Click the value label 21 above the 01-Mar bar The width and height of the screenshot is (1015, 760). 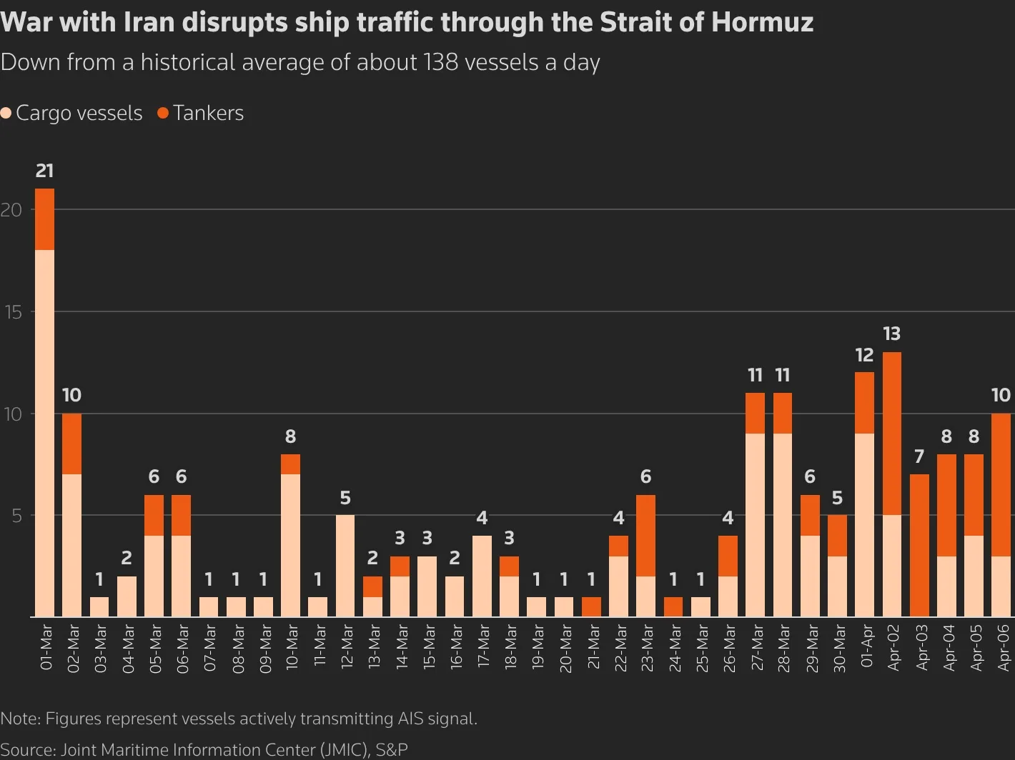point(44,171)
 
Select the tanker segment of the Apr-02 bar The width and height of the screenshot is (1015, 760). point(891,433)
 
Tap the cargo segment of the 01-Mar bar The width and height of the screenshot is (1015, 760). point(44,432)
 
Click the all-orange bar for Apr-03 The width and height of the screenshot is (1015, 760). point(919,545)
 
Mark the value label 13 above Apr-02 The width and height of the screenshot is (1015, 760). point(891,334)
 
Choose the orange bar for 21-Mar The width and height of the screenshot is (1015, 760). point(591,606)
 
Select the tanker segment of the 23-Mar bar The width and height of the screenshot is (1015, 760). point(645,535)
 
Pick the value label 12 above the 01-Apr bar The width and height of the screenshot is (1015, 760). point(864,355)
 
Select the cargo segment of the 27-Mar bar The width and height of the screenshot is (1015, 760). point(755,524)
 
